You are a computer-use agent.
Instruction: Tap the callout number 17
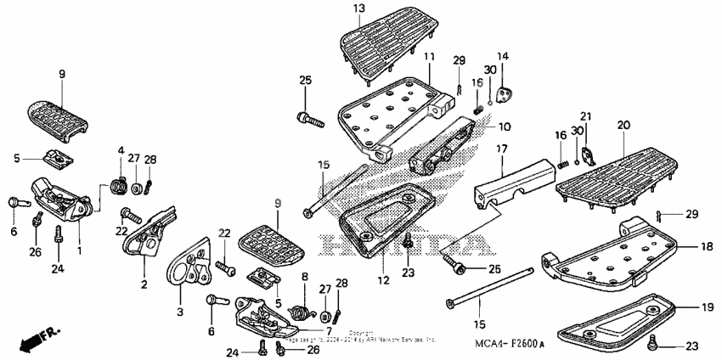click(x=502, y=149)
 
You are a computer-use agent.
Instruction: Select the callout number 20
click(x=623, y=126)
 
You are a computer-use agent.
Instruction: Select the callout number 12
click(x=383, y=279)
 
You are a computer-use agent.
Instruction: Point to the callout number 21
click(x=585, y=116)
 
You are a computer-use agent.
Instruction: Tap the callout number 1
click(x=79, y=251)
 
